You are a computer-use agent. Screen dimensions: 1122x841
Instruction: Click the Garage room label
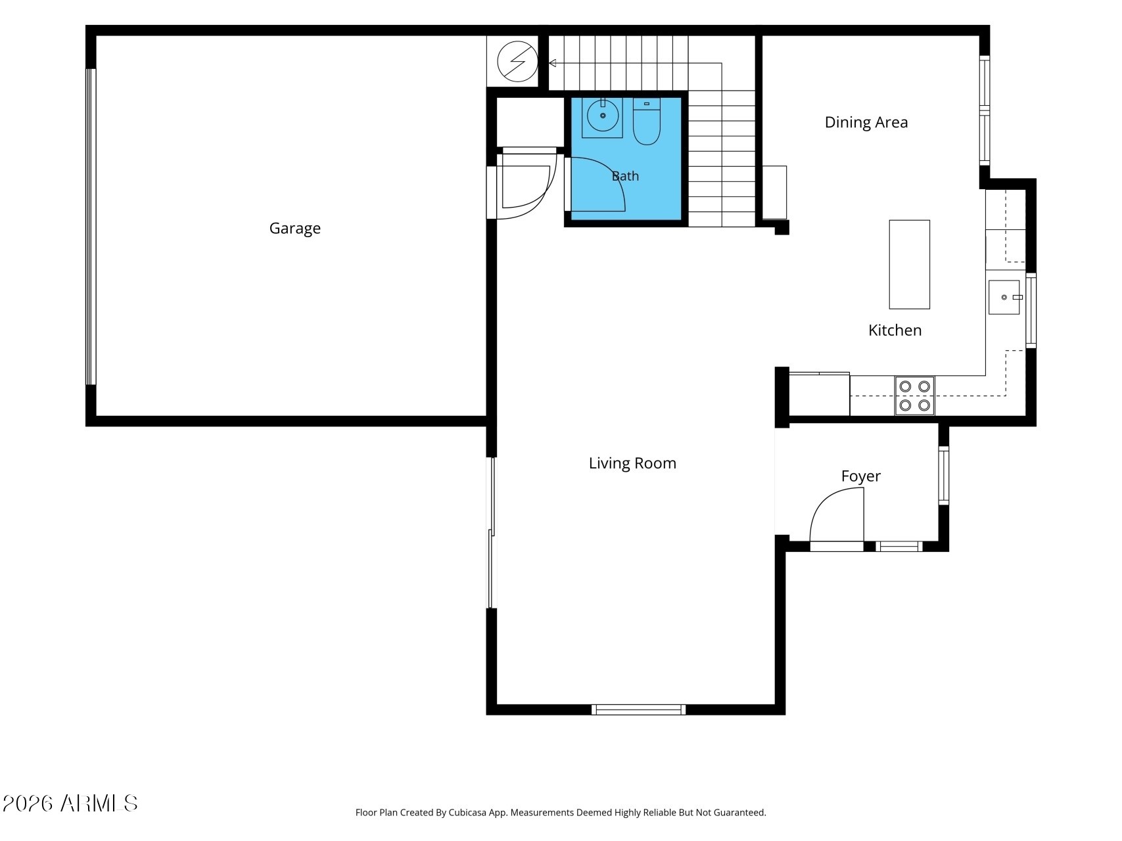click(294, 229)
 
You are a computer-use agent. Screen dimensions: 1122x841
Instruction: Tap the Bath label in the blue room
click(625, 176)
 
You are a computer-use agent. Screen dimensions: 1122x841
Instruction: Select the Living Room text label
click(632, 463)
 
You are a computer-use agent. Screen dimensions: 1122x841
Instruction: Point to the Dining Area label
click(866, 122)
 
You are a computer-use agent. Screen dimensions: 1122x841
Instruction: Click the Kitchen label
click(895, 330)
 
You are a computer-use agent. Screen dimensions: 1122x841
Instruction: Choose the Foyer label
click(860, 476)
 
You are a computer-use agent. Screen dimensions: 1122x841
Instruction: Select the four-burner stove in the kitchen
click(914, 396)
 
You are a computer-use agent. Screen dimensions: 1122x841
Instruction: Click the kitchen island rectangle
click(909, 264)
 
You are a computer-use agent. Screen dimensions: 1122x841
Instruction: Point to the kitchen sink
click(1005, 297)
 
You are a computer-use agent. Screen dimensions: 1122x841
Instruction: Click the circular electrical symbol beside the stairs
click(517, 61)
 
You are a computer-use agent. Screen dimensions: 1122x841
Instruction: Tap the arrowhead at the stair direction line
click(553, 63)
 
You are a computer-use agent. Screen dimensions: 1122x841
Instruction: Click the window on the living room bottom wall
click(638, 710)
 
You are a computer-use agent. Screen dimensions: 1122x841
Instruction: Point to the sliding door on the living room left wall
click(490, 532)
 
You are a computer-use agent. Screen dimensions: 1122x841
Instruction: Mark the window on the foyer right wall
click(944, 475)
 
